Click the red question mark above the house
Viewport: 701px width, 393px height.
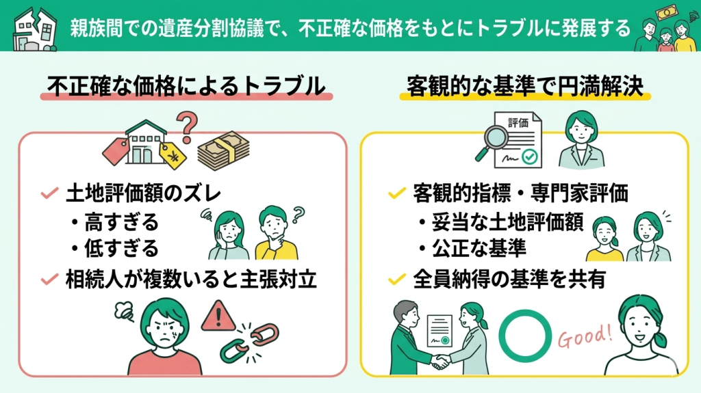tap(186, 126)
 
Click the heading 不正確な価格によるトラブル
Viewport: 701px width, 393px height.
tap(186, 87)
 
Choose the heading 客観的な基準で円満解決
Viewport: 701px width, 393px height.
tap(525, 87)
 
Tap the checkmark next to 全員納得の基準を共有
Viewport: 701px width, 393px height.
tap(395, 280)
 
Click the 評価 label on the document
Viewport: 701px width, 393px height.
tap(518, 122)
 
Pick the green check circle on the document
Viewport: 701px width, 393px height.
tap(528, 158)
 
